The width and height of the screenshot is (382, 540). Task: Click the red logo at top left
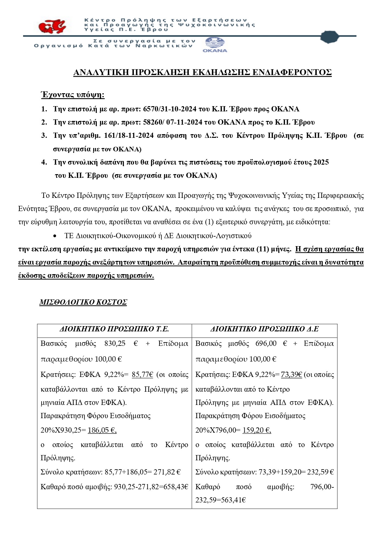53,26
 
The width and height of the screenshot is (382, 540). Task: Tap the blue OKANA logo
215,45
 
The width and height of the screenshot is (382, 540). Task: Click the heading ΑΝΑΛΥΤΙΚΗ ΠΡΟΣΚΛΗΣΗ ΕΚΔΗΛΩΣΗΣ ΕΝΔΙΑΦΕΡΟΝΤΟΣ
202,72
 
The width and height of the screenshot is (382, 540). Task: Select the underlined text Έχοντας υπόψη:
73,95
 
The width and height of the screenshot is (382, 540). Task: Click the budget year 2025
321,162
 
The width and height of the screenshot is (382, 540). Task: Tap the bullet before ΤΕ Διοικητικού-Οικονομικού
54,236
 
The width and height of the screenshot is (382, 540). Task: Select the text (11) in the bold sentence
263,249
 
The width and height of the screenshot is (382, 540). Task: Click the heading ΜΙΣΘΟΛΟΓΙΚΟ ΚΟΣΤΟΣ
83,302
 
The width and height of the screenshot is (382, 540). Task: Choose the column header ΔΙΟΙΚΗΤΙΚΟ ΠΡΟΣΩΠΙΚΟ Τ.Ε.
114,329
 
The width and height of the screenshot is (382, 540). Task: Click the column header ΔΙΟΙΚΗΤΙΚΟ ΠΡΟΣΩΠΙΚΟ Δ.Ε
264,329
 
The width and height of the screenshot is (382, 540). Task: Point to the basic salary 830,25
115,343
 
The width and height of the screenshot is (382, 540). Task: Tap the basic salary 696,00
266,343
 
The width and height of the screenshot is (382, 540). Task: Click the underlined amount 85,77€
142,374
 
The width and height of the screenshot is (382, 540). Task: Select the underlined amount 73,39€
291,374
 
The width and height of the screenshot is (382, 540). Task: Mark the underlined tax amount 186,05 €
102,430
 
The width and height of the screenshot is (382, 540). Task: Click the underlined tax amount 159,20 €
257,430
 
